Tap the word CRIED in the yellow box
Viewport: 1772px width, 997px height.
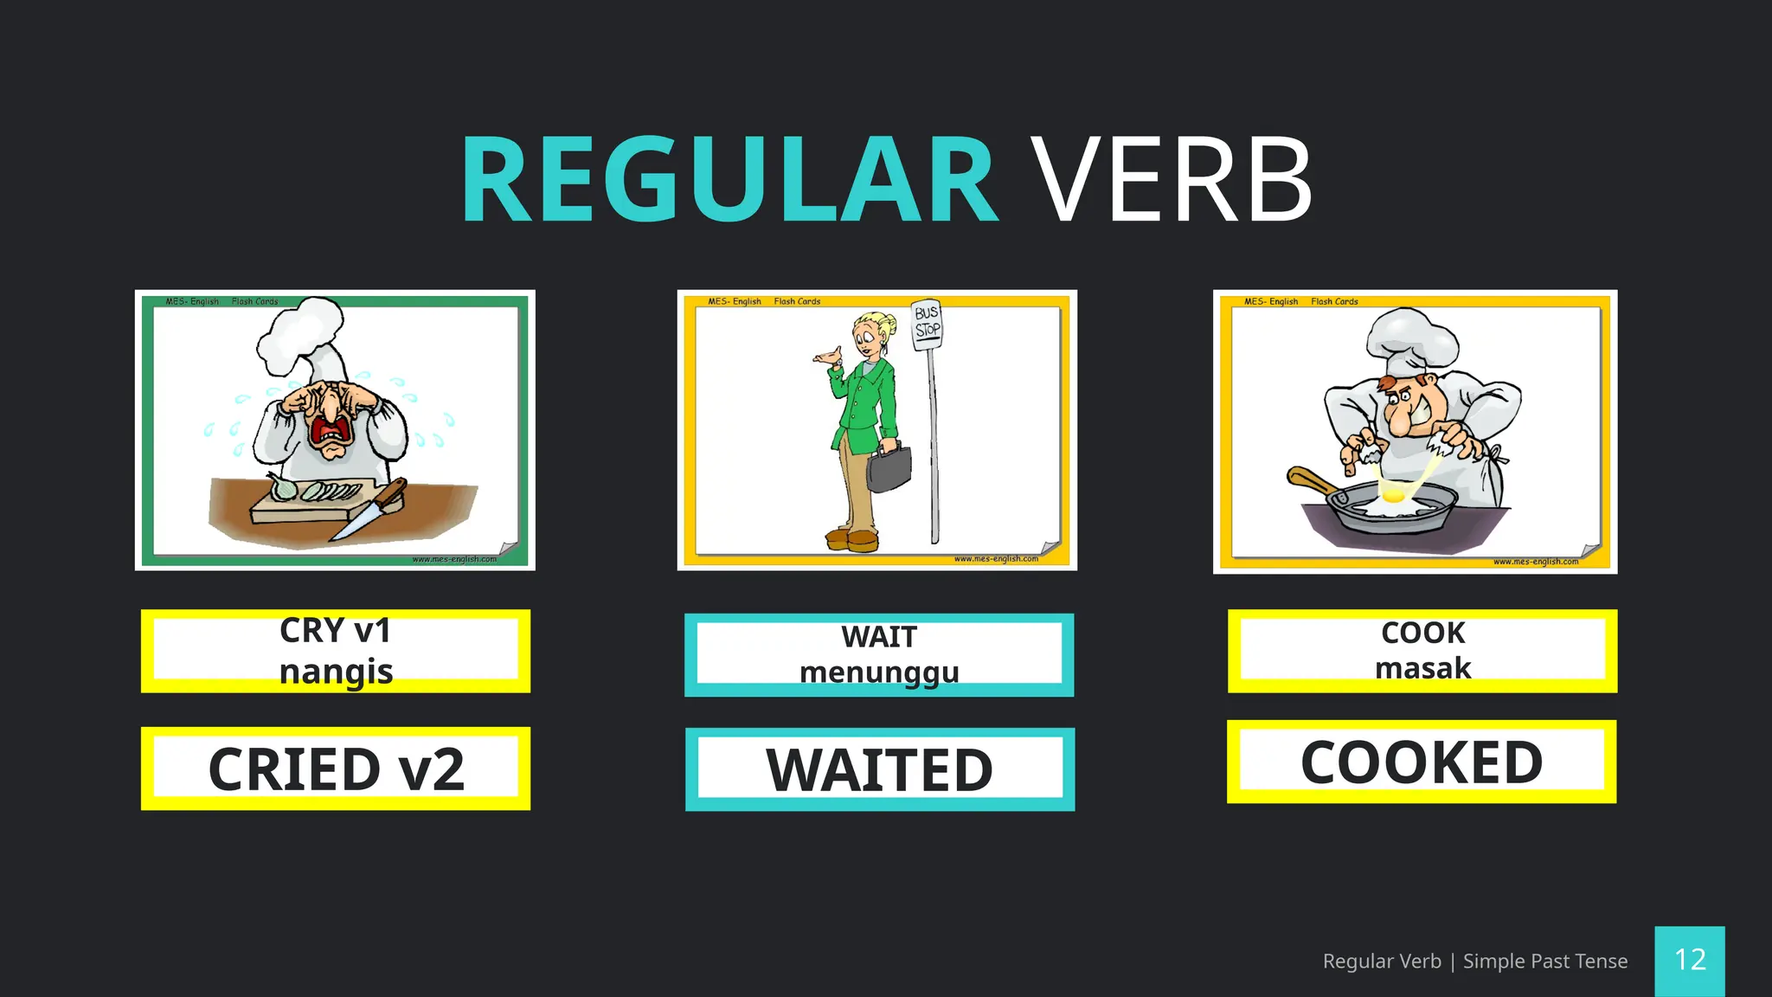pyautogui.click(x=294, y=769)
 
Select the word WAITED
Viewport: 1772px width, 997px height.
pyautogui.click(x=879, y=769)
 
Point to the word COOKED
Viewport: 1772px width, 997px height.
pyautogui.click(x=1422, y=762)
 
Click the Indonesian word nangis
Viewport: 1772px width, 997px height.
pyautogui.click(x=336, y=672)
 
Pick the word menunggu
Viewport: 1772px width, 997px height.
pyautogui.click(x=879, y=672)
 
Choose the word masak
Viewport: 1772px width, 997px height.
pyautogui.click(x=1422, y=668)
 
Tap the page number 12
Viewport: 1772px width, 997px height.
pyautogui.click(x=1690, y=960)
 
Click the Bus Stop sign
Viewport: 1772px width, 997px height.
pyautogui.click(x=928, y=324)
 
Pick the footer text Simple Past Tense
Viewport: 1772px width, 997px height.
pyautogui.click(x=1544, y=961)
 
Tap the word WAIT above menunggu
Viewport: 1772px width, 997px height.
pyautogui.click(x=879, y=637)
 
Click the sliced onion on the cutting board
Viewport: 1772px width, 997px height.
pyautogui.click(x=320, y=492)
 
